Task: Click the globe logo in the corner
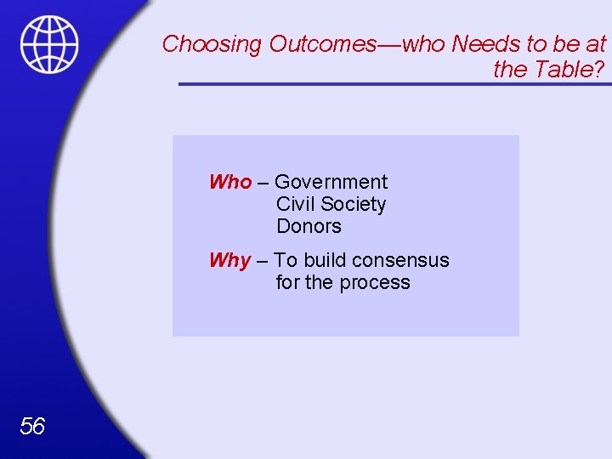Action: [49, 45]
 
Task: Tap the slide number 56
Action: [32, 426]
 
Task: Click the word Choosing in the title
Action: [212, 43]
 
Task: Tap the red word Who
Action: [230, 182]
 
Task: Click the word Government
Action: [331, 182]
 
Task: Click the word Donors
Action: [309, 226]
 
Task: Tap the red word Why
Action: [230, 260]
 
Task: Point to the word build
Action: [326, 260]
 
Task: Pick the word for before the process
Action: [287, 282]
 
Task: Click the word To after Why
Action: [286, 260]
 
